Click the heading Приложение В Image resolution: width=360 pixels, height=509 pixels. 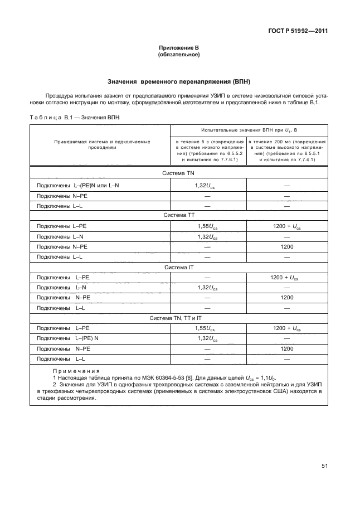point(179,49)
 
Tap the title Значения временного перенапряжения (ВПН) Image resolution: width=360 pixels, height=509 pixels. point(179,81)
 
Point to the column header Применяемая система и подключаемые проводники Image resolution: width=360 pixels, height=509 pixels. point(102,145)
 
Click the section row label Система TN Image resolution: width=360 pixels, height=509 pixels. point(179,173)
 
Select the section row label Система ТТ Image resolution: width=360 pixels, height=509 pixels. point(179,214)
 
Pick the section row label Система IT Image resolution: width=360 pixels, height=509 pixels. point(179,267)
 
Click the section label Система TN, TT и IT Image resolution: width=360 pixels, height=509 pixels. point(179,318)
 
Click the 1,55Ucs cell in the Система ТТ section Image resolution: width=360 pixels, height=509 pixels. point(208,226)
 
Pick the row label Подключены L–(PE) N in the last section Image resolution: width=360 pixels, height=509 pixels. point(67,338)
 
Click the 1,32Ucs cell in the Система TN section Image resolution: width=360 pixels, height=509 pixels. point(208,185)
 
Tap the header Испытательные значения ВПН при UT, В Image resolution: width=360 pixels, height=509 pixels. point(248,130)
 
